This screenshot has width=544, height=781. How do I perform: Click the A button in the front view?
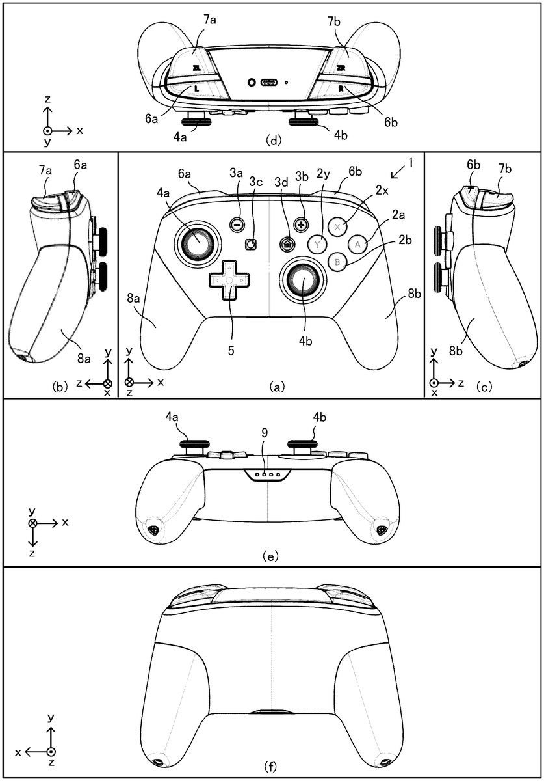pyautogui.click(x=358, y=244)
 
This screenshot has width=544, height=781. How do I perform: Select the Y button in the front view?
pyautogui.click(x=317, y=245)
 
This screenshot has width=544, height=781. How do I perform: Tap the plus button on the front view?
pyautogui.click(x=301, y=223)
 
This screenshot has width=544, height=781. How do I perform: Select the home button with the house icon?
pyautogui.click(x=286, y=244)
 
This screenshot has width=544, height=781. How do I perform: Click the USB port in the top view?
pyautogui.click(x=269, y=83)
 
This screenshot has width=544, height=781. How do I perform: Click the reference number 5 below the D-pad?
pyautogui.click(x=231, y=349)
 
